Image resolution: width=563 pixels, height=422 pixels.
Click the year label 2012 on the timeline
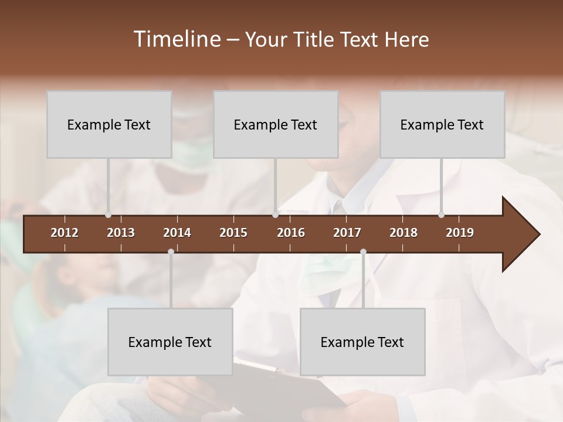pyautogui.click(x=65, y=233)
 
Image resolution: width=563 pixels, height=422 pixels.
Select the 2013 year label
pyautogui.click(x=121, y=233)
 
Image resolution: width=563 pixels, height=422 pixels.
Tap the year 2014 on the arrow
pyautogui.click(x=177, y=233)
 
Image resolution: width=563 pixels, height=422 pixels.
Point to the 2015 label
pyautogui.click(x=233, y=233)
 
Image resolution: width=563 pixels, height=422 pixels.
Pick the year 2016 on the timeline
pyautogui.click(x=291, y=233)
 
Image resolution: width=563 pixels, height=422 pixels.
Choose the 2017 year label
pyautogui.click(x=347, y=233)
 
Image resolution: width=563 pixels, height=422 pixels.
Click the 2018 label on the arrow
pyautogui.click(x=403, y=233)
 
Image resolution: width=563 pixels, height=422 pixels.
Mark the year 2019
pyautogui.click(x=460, y=233)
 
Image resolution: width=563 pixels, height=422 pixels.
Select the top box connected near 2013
pyautogui.click(x=109, y=125)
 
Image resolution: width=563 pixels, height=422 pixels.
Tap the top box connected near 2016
pyautogui.click(x=276, y=125)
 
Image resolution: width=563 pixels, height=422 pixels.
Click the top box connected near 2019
pyautogui.click(x=442, y=125)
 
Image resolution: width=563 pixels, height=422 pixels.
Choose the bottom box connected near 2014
pyautogui.click(x=170, y=342)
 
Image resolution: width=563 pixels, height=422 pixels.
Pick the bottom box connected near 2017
pyautogui.click(x=362, y=342)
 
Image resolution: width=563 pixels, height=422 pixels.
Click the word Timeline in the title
pyautogui.click(x=176, y=39)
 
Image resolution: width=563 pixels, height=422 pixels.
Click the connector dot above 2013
pyautogui.click(x=108, y=215)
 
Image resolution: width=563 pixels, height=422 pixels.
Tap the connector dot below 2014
pyautogui.click(x=171, y=252)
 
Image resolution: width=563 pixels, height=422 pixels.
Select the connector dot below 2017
pyautogui.click(x=363, y=252)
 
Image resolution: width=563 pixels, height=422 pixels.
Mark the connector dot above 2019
pyautogui.click(x=442, y=215)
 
